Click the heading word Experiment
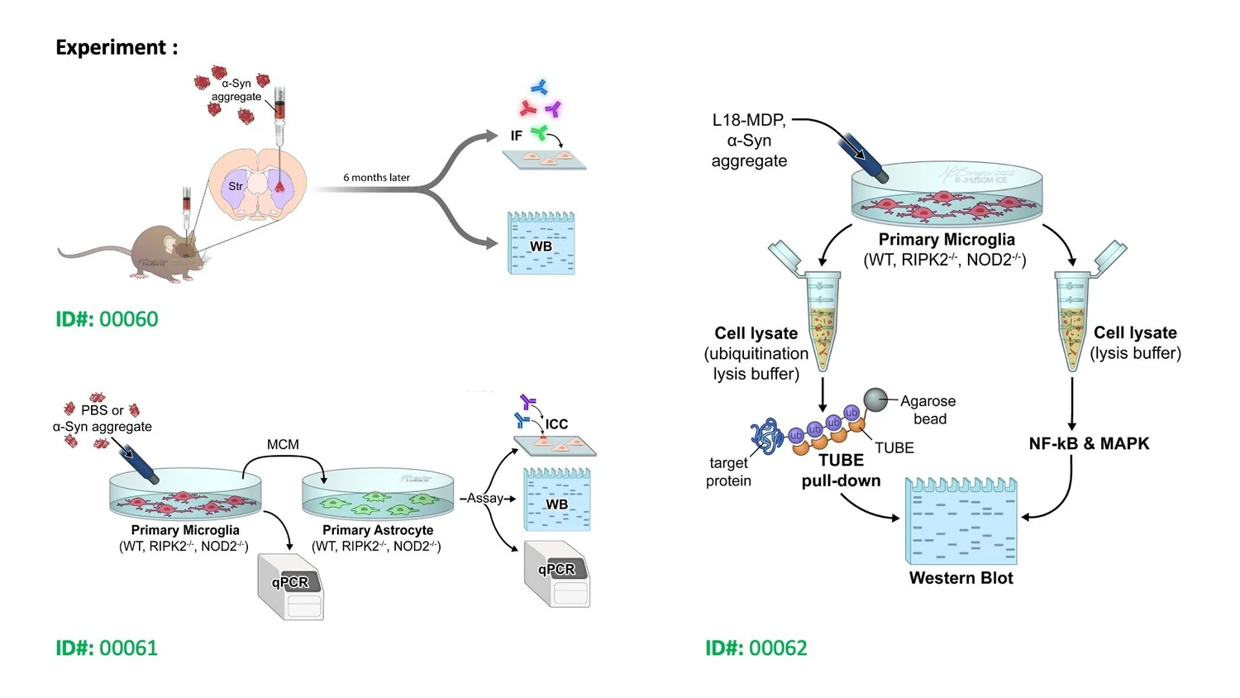111,48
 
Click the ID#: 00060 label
107,319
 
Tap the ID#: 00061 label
107,648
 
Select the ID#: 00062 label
756,648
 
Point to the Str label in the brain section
236,186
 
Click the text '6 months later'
376,177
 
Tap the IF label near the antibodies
516,136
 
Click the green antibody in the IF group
539,132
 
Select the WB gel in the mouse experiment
541,244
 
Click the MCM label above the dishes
283,444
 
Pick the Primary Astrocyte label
378,530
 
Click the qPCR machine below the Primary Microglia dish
291,587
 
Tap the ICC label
556,424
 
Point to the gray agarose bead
875,399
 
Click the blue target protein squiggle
766,435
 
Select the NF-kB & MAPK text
1089,443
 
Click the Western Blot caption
961,578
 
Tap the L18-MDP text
748,120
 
